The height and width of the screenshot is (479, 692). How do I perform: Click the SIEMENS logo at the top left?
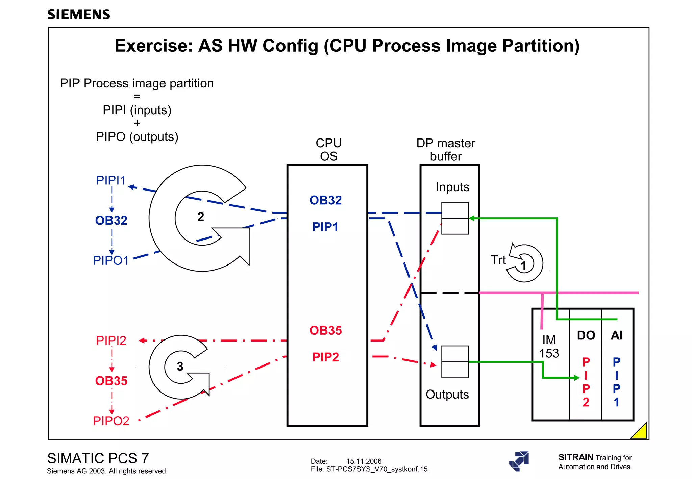coord(79,15)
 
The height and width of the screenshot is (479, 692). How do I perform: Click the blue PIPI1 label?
coord(111,180)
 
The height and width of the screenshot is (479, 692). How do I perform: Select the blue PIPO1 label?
coord(111,260)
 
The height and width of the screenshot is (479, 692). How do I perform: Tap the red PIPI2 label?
coord(111,341)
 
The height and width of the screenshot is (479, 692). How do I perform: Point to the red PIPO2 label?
coord(111,421)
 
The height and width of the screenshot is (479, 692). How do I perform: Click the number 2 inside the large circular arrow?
coord(201,217)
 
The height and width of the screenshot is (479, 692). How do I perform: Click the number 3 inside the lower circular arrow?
coord(180,367)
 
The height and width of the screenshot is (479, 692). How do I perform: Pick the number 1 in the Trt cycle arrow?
coord(524,266)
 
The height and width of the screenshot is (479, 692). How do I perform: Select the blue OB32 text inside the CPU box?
coord(325,200)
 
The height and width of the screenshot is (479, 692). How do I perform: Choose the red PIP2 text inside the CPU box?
coord(325,357)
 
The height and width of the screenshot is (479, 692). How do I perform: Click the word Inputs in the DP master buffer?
coord(452,187)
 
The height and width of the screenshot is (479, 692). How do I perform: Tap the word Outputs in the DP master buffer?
coord(447,395)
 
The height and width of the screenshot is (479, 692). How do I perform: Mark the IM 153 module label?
coord(549,347)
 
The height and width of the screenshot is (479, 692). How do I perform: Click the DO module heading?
coord(586,335)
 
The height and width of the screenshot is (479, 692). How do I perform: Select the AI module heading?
coord(617,335)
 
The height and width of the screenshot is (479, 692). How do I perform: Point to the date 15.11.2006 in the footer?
coord(364,461)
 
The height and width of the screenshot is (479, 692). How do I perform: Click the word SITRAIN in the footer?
coord(576,457)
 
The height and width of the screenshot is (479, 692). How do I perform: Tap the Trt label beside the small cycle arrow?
coord(498,260)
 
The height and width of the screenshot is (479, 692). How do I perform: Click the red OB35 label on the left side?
coord(111,381)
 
